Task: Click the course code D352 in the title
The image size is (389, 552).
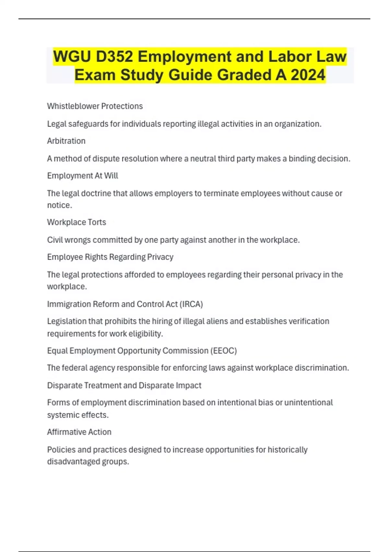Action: [114, 56]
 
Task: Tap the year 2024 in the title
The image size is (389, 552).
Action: [308, 75]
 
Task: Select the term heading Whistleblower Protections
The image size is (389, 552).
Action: [95, 106]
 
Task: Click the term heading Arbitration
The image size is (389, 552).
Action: [66, 141]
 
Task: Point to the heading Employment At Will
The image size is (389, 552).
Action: [82, 176]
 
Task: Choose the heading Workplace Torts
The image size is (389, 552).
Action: [77, 222]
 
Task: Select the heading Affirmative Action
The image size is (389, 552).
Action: [79, 432]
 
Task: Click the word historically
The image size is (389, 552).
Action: [288, 450]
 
